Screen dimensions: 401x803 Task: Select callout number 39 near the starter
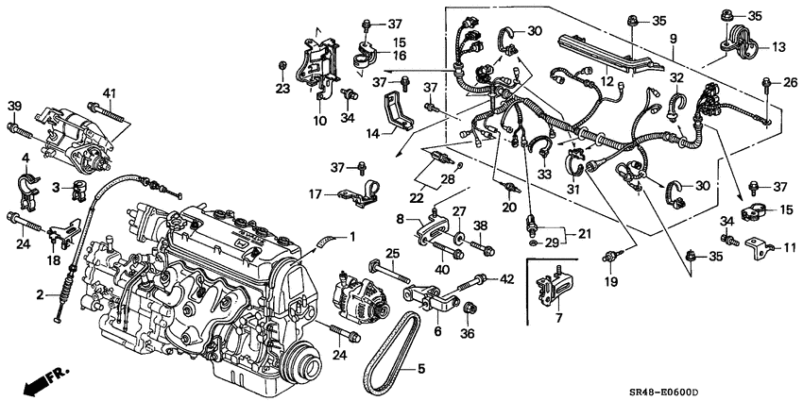pyautogui.click(x=14, y=105)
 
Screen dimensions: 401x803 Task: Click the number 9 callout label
pyautogui.click(x=673, y=40)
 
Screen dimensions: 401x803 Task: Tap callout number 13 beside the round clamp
pyautogui.click(x=778, y=47)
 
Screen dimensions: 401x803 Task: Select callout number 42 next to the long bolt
pyautogui.click(x=506, y=278)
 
